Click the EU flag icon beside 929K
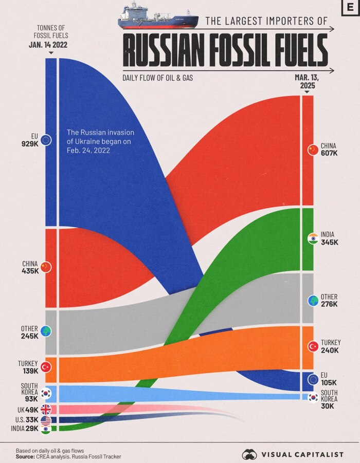click(x=46, y=140)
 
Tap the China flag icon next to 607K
click(x=312, y=150)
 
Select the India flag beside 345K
click(x=312, y=238)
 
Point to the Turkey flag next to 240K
click(x=312, y=346)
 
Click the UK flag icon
click(x=46, y=410)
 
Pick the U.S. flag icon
click(x=46, y=419)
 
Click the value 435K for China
click(x=30, y=271)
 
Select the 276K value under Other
click(x=329, y=304)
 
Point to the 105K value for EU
click(x=329, y=383)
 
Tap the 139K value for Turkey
click(x=30, y=371)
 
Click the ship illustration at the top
click(x=157, y=16)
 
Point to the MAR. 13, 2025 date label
click(x=307, y=82)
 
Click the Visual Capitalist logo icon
click(x=249, y=454)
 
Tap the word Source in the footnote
click(x=25, y=456)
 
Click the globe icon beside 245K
click(x=46, y=331)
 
